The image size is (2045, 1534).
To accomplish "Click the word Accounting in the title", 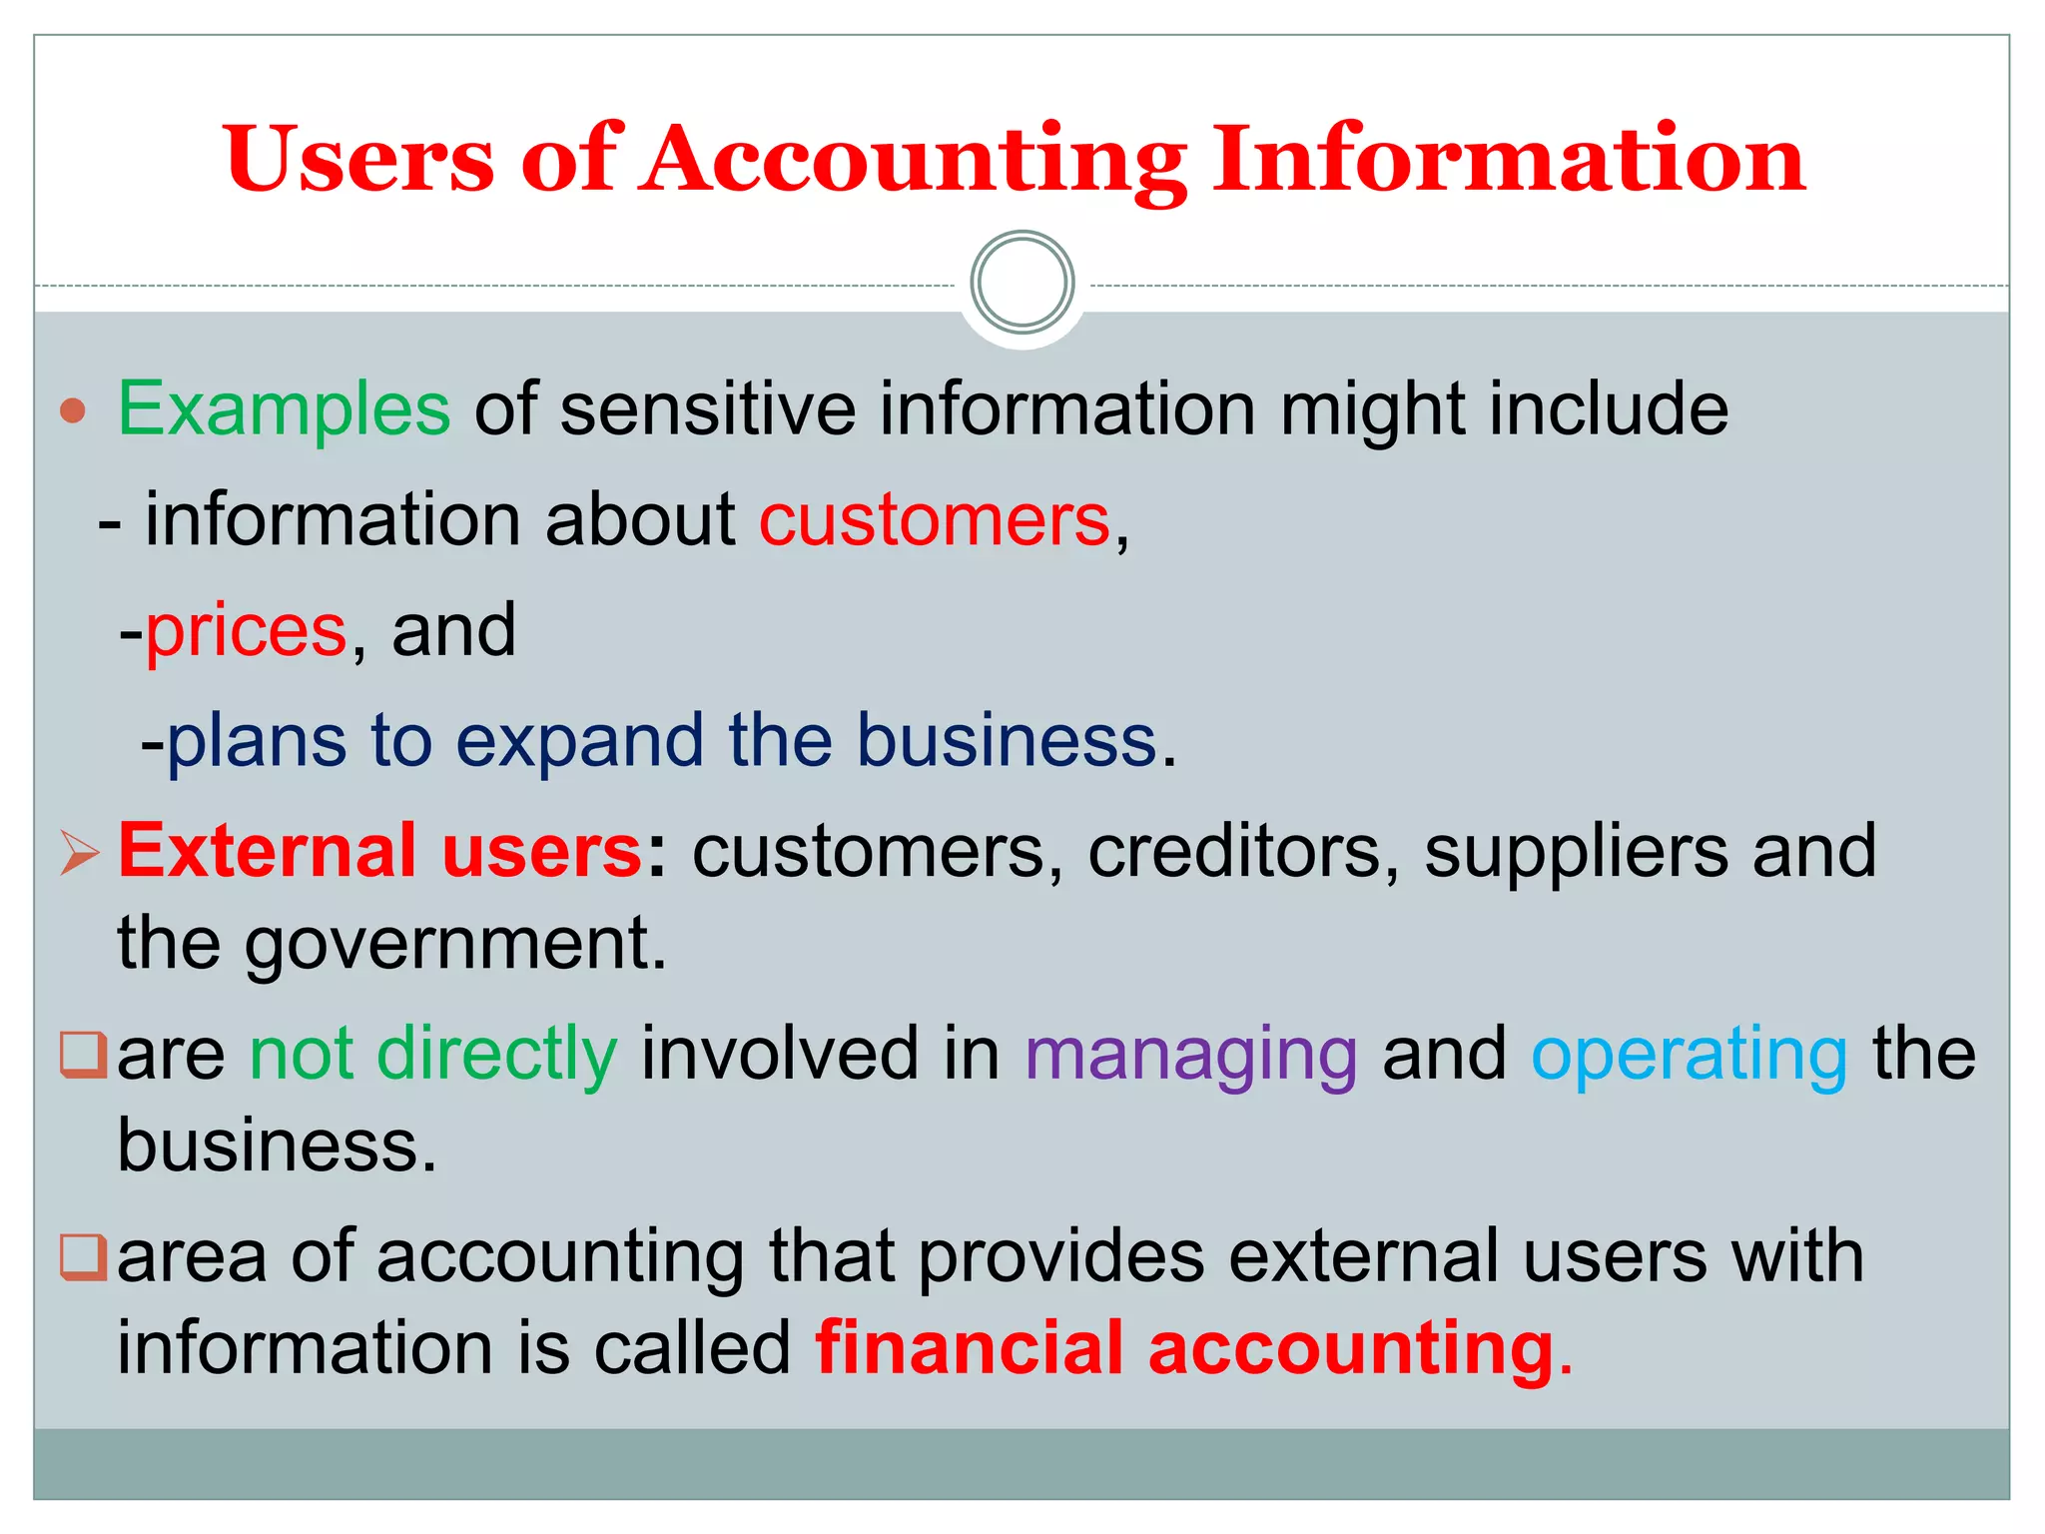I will tap(914, 160).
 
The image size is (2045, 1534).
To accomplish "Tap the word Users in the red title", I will tap(359, 160).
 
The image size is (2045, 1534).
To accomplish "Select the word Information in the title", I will tap(1508, 160).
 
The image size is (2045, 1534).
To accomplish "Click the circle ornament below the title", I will tap(1022, 283).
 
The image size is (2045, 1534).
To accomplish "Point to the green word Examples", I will tap(285, 409).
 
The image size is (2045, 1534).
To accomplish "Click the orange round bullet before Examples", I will tap(73, 410).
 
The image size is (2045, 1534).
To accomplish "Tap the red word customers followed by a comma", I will tap(935, 520).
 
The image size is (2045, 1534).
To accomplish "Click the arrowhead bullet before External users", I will tap(79, 853).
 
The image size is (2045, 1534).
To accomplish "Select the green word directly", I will tap(497, 1055).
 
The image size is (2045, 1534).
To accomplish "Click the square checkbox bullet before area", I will tap(83, 1257).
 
